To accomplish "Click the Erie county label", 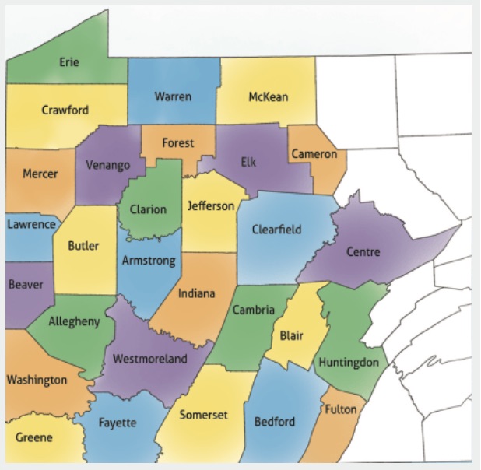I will pos(69,62).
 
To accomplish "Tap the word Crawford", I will pos(65,110).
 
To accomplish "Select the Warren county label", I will pos(173,96).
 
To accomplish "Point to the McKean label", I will pos(268,97).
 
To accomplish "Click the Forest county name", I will pos(178,143).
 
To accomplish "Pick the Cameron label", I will pos(314,154).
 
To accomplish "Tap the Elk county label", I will pos(248,163).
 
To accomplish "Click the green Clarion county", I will pos(148,209).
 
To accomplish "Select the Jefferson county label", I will pos(211,206).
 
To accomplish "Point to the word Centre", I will pos(363,252).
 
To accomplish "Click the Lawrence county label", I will pos(32,225).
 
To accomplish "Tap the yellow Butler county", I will pos(83,247).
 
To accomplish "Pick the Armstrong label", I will pos(149,261).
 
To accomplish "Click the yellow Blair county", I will pos(292,336).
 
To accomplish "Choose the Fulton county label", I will pos(341,409).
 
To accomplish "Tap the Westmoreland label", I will pos(150,359).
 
